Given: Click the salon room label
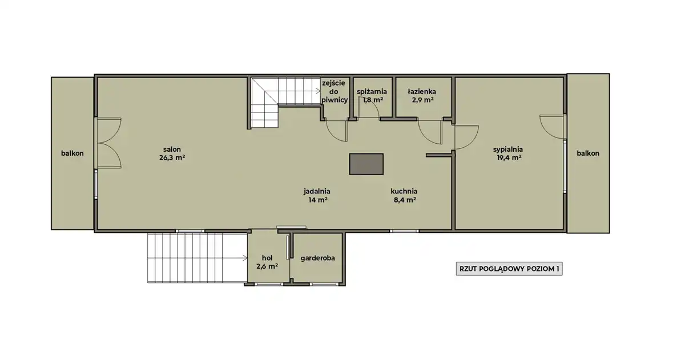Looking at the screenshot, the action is point(172,149).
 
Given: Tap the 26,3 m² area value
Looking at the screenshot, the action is point(172,157).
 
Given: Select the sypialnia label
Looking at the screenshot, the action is point(508,149).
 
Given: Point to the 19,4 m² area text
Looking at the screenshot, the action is point(508,157).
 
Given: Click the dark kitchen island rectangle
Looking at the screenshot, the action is point(366,164).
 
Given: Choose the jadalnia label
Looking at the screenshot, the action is point(317,192).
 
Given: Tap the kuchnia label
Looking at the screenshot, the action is point(404,191).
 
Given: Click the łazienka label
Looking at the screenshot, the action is point(422,91).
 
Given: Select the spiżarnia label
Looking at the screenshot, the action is point(372,91).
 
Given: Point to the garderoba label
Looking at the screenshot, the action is point(317,258).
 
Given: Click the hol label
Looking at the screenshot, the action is point(267,258).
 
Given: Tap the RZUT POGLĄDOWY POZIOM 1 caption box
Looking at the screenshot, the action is point(509,269).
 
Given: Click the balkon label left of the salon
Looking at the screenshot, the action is point(72,153).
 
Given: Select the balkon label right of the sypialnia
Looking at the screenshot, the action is point(588,153).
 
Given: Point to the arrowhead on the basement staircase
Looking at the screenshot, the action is point(319,91).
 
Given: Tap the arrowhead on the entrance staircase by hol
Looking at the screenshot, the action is point(245,258).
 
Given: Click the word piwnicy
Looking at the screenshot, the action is point(335,100).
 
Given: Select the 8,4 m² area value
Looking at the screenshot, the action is point(405,200).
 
